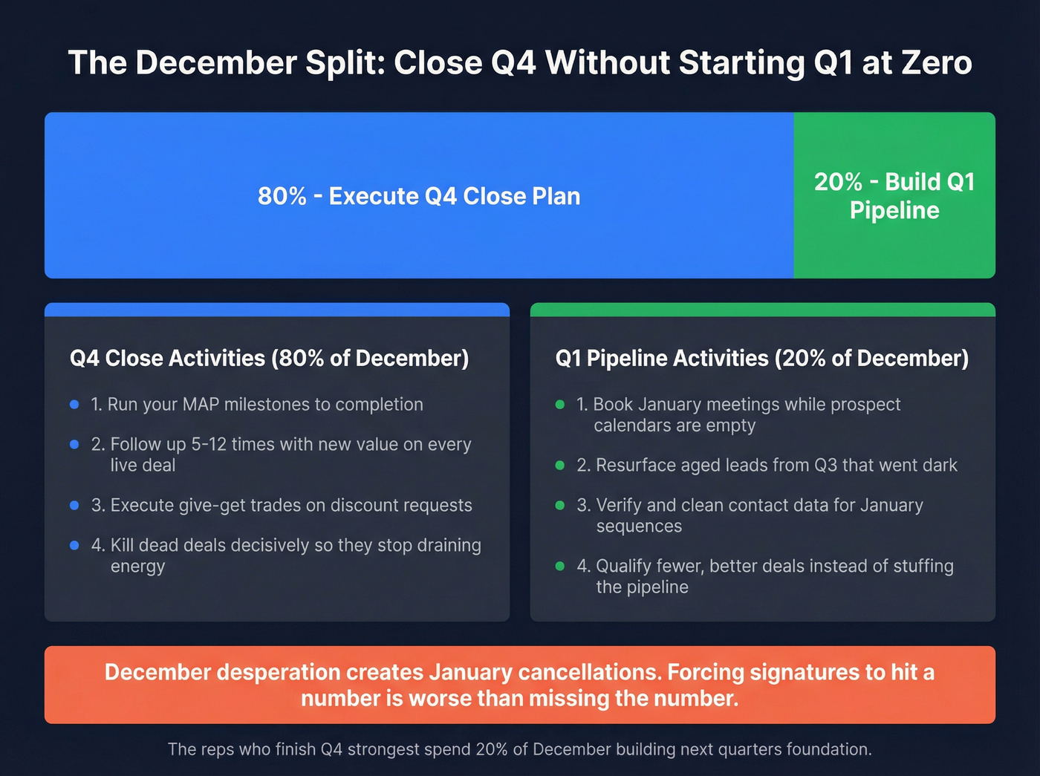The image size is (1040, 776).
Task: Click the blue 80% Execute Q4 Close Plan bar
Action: click(x=419, y=195)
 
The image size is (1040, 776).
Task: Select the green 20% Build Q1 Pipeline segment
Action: click(x=894, y=195)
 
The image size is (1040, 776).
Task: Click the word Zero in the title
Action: click(x=937, y=62)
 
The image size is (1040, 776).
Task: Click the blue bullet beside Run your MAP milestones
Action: click(x=74, y=405)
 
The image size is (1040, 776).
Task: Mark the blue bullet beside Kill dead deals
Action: click(x=74, y=545)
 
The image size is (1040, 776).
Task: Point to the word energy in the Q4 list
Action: click(x=137, y=566)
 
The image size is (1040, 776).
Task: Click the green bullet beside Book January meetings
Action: click(x=560, y=405)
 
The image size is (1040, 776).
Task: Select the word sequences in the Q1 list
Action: click(x=639, y=526)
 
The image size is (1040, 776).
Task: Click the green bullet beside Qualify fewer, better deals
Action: click(x=560, y=566)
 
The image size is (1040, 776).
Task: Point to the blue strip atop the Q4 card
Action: click(x=277, y=309)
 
